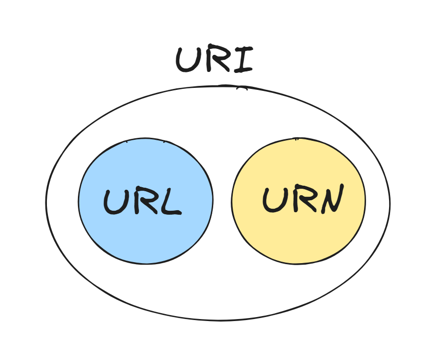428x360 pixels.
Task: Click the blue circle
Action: [x=145, y=235]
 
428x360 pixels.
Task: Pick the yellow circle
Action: [x=298, y=235]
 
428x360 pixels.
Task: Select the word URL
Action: [x=142, y=202]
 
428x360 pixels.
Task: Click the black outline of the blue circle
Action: [x=78, y=201]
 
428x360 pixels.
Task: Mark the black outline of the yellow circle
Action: [x=365, y=201]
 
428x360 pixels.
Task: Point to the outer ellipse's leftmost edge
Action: [x=46, y=202]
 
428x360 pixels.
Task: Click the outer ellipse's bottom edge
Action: [x=218, y=320]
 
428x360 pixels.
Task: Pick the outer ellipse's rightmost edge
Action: [x=390, y=202]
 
